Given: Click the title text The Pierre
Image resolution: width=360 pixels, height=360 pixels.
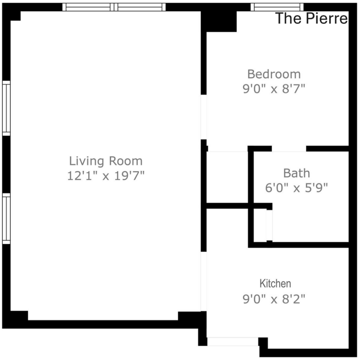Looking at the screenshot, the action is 311,18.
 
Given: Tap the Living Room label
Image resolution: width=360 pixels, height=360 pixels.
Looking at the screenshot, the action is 106,161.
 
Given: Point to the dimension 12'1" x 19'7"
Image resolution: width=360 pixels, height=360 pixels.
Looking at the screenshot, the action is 106,176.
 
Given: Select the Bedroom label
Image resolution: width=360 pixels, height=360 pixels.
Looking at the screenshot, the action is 274,74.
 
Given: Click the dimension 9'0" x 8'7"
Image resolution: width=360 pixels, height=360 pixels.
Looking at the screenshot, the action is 274,89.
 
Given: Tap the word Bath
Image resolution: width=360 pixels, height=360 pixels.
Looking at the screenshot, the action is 297,173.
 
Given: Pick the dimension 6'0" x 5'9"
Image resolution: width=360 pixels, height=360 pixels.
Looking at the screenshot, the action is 296,188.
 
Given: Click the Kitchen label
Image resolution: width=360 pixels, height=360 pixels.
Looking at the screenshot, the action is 275,284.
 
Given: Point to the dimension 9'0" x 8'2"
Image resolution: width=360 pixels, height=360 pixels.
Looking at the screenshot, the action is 274,299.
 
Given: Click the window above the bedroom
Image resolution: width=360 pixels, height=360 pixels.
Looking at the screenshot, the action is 277,7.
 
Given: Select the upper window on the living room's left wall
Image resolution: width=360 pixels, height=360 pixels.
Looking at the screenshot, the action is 6,108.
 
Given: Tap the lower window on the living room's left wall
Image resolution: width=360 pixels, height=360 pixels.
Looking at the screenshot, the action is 6,218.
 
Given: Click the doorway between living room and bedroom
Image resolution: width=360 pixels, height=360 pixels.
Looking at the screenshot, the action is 204,117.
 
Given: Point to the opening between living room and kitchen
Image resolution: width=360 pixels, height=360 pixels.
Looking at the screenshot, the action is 204,282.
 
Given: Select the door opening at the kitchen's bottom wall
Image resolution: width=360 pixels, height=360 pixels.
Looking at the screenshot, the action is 233,342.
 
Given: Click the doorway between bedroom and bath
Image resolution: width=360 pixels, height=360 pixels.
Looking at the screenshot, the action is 289,149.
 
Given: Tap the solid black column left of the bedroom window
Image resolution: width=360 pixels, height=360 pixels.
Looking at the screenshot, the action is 219,21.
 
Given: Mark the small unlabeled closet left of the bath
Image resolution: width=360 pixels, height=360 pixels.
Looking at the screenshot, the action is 227,177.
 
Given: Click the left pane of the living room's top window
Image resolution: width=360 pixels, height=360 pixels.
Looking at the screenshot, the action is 88,7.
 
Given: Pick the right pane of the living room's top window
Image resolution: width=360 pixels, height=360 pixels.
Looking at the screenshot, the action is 140,7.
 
